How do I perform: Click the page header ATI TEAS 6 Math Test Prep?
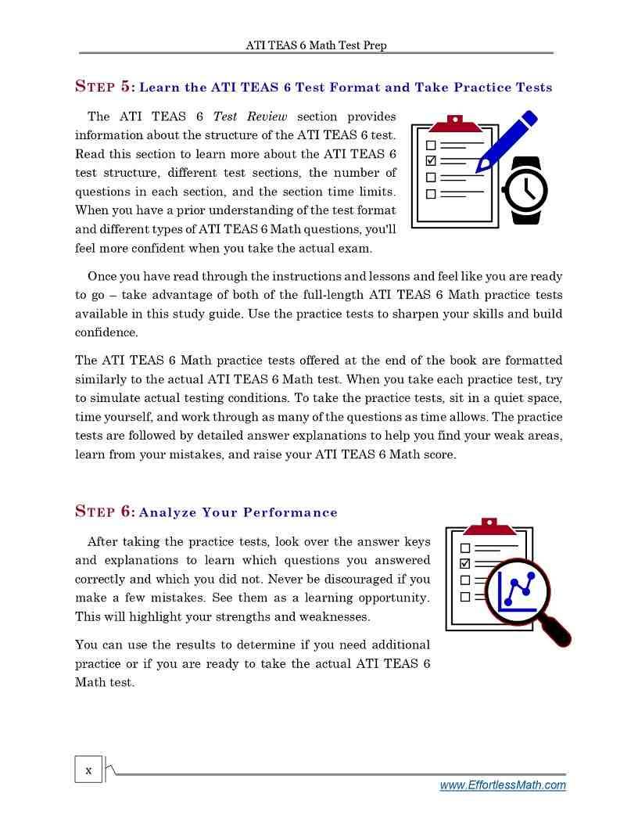click(x=316, y=45)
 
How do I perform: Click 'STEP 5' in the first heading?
click(x=105, y=87)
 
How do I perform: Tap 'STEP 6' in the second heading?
click(x=105, y=512)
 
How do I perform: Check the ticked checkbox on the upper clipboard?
click(x=430, y=160)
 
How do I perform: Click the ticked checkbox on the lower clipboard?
click(x=465, y=564)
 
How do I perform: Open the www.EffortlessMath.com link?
click(x=503, y=785)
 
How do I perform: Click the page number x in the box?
click(x=88, y=770)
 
